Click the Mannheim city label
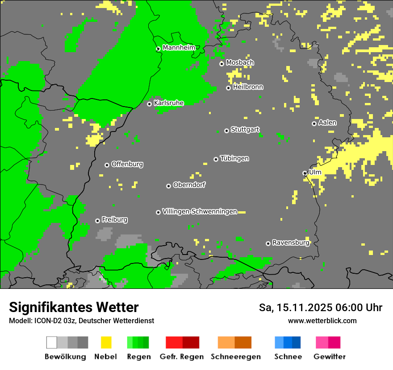pyautogui.click(x=179, y=48)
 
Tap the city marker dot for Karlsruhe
pyautogui.click(x=150, y=104)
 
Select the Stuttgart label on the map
pyautogui.click(x=245, y=130)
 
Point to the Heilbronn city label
pyautogui.click(x=248, y=87)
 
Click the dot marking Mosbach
pyautogui.click(x=222, y=64)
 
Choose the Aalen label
pyautogui.click(x=327, y=123)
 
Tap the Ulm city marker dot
pyautogui.click(x=305, y=173)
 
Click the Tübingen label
pyautogui.click(x=234, y=159)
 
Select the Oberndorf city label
pyautogui.click(x=189, y=185)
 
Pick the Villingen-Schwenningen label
pyautogui.click(x=200, y=212)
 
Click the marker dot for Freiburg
pyautogui.click(x=97, y=221)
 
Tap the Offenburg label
pyautogui.click(x=127, y=164)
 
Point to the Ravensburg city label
pyautogui.click(x=291, y=243)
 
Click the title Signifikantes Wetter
pyautogui.click(x=74, y=308)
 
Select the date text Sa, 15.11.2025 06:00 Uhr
pyautogui.click(x=320, y=308)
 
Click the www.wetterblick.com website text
pyautogui.click(x=322, y=321)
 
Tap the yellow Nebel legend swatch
pyautogui.click(x=106, y=342)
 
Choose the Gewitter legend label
pyautogui.click(x=329, y=357)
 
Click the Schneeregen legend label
pyautogui.click(x=235, y=357)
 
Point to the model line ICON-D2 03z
pyautogui.click(x=81, y=321)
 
